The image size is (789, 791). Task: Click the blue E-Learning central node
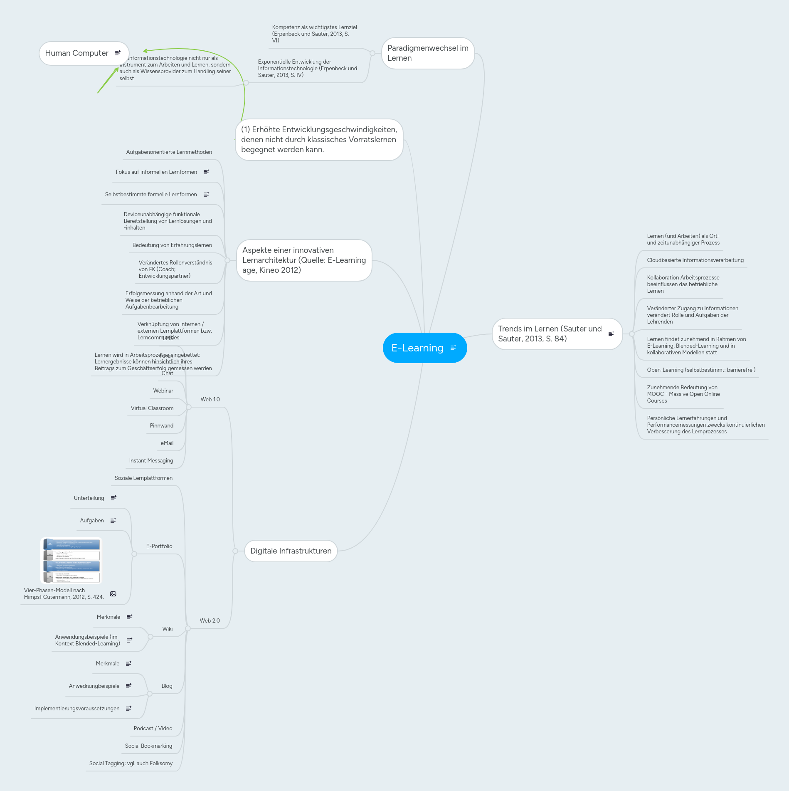pos(418,348)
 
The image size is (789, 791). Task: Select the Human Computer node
pos(77,53)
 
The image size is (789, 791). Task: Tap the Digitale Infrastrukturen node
pos(291,551)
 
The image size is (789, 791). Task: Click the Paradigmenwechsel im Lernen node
pos(428,53)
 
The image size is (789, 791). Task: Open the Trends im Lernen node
pos(550,334)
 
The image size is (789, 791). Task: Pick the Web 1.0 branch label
pos(210,400)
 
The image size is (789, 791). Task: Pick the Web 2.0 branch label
pos(210,621)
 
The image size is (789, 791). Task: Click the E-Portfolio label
pos(159,546)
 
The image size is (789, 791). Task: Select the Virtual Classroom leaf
pos(152,408)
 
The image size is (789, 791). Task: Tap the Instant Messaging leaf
pos(151,461)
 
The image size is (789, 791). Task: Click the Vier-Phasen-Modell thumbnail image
pos(72,561)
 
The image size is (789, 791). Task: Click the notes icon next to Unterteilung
pos(113,498)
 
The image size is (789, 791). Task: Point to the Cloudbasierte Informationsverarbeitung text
pos(695,260)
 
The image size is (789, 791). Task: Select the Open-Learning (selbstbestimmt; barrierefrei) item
pos(701,370)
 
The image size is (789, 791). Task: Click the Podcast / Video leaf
pos(153,729)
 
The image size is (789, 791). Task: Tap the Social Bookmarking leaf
pos(148,746)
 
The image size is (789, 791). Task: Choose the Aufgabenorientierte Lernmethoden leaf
pos(169,152)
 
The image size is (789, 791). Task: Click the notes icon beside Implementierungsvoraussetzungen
pos(128,709)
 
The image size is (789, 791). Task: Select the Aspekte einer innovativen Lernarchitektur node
pos(304,260)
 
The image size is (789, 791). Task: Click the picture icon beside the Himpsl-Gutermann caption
pos(113,594)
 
